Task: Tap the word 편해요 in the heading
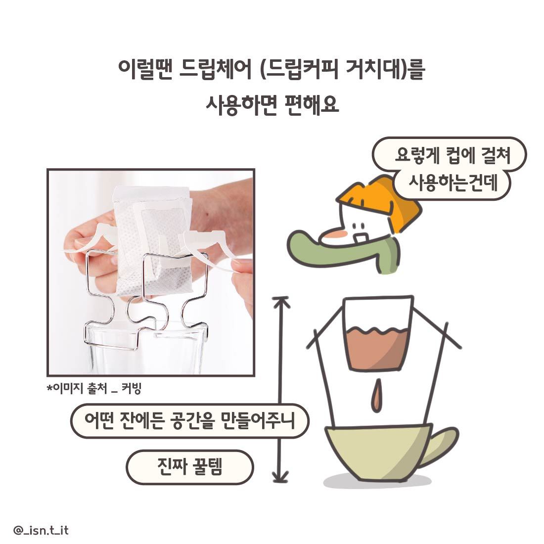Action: [312, 105]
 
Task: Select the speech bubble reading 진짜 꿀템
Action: [190, 467]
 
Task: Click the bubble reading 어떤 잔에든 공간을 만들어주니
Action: [190, 421]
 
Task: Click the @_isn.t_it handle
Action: [41, 531]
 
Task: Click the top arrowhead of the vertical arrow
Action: [281, 301]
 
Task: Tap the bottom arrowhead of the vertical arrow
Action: [281, 477]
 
